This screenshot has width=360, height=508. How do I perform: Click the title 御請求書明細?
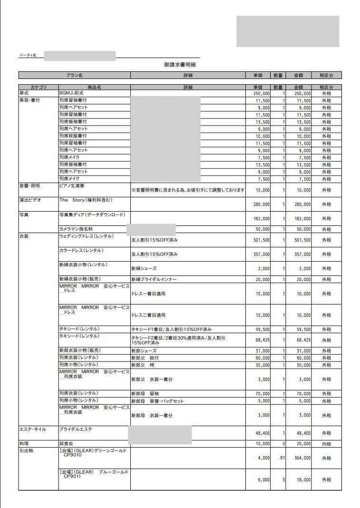[180, 65]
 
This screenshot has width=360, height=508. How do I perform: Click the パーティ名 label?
[28, 56]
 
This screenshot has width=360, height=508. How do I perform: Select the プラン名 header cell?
[74, 75]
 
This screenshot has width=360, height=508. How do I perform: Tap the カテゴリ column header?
[39, 88]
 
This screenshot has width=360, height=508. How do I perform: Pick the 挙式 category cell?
[24, 93]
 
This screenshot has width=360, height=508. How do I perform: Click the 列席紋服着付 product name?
[73, 136]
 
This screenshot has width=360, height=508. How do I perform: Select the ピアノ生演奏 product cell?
[72, 186]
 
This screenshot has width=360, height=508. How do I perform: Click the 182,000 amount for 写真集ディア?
[302, 218]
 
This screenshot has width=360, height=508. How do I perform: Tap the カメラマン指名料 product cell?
[76, 229]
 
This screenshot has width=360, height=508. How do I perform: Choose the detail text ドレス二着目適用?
[148, 315]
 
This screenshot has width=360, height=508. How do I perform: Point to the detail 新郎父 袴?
[145, 365]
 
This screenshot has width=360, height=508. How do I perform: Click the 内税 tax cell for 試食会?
[326, 444]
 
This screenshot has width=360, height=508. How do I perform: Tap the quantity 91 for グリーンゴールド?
[282, 458]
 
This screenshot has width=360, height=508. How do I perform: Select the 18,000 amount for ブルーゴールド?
[302, 480]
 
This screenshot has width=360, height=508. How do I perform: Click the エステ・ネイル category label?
[32, 429]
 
